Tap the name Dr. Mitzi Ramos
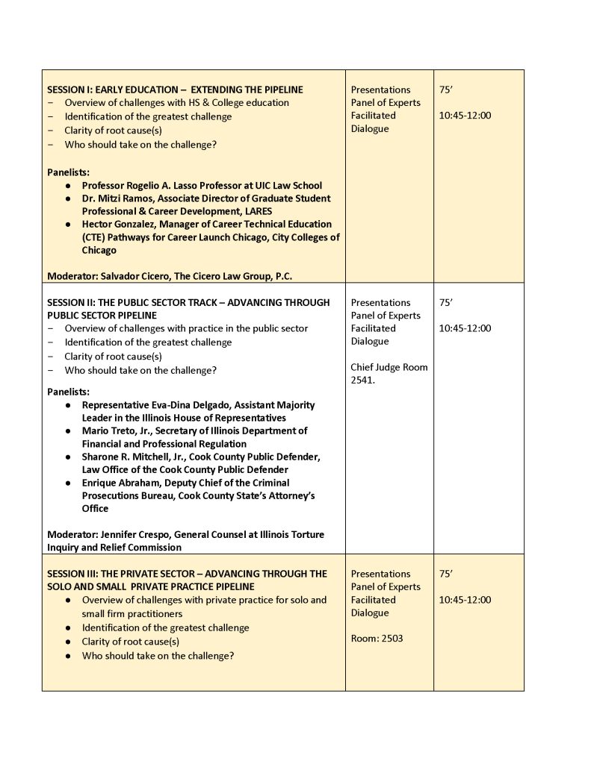118,198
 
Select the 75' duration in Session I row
446,90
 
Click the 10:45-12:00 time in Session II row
465,328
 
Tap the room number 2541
364,380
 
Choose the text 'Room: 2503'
377,639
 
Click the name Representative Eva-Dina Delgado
165,405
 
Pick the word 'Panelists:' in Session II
68,392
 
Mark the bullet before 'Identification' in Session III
69,628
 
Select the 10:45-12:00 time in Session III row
465,600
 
